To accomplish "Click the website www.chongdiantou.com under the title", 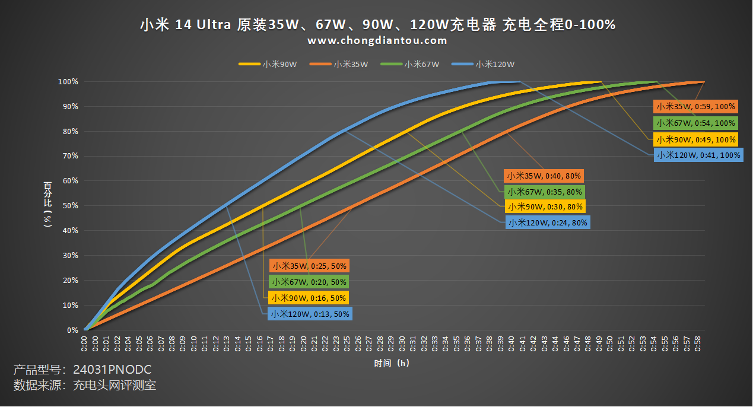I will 377,41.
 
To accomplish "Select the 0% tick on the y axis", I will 72,330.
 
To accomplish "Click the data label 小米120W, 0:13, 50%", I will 310,314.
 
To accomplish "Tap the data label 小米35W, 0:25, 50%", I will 309,265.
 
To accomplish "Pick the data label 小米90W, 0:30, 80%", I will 544,206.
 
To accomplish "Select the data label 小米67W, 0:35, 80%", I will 544,192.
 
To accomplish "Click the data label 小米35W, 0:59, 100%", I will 695,107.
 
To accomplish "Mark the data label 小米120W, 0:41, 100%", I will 698,155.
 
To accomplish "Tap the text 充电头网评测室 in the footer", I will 114,386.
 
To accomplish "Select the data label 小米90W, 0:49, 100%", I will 695,139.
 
